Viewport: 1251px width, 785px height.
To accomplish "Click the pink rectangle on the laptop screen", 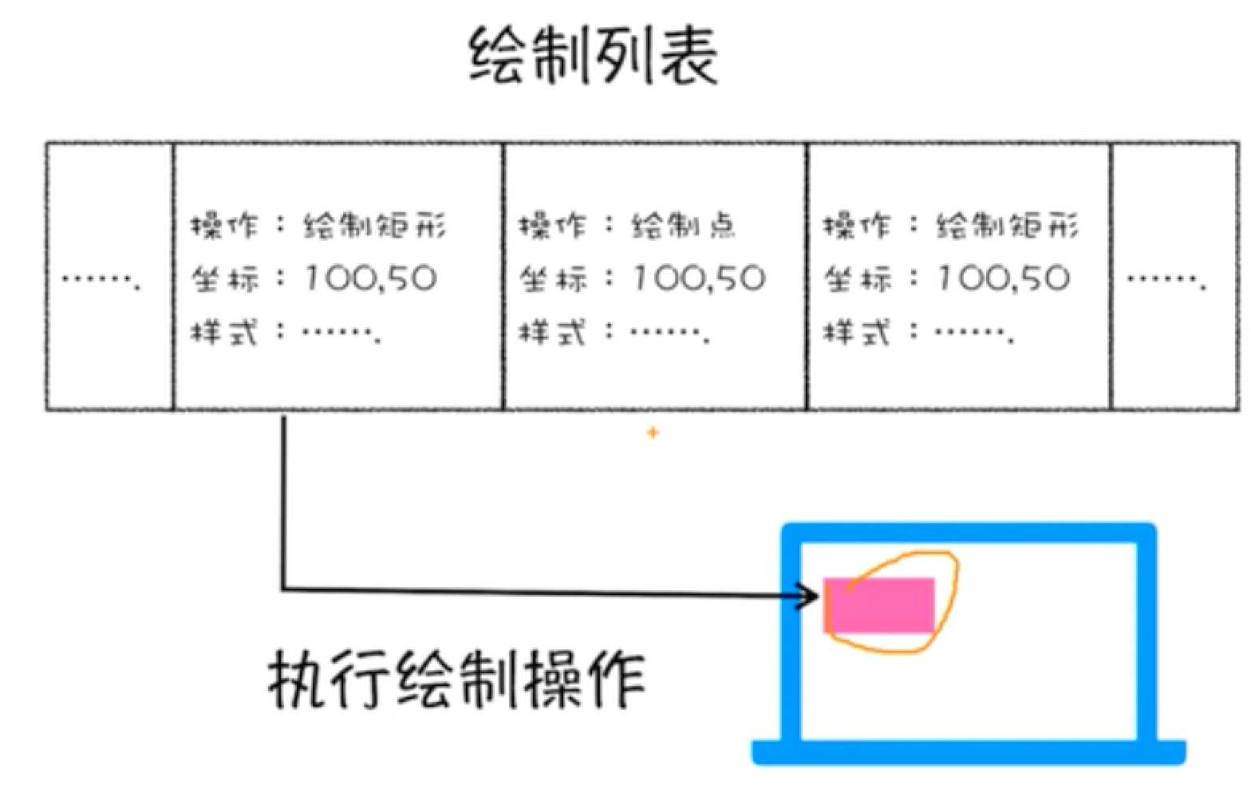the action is [879, 606].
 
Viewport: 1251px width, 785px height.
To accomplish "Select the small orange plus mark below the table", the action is [653, 432].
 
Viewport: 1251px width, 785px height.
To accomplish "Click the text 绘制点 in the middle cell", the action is [684, 226].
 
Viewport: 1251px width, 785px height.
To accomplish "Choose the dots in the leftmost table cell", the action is [101, 280].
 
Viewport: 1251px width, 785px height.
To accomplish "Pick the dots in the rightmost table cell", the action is [1166, 280].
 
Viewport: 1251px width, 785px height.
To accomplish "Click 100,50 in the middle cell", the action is [698, 278].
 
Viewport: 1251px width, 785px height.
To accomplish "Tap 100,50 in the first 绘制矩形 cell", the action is [369, 278].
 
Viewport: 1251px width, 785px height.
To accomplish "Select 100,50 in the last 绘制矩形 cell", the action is [1003, 278].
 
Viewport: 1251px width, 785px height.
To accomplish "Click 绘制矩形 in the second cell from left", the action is [374, 226].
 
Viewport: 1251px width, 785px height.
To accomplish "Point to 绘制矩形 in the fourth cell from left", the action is [1008, 226].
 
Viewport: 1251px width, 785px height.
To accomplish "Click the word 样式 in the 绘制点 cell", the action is [553, 333].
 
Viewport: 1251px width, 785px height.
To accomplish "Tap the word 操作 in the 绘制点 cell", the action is [553, 226].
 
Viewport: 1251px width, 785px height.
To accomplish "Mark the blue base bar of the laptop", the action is [969, 751].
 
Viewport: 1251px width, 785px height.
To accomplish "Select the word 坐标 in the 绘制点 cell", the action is [553, 278].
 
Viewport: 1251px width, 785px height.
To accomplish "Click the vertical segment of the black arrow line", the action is [284, 503].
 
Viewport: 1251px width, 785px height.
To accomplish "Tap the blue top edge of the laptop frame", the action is [969, 533].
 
